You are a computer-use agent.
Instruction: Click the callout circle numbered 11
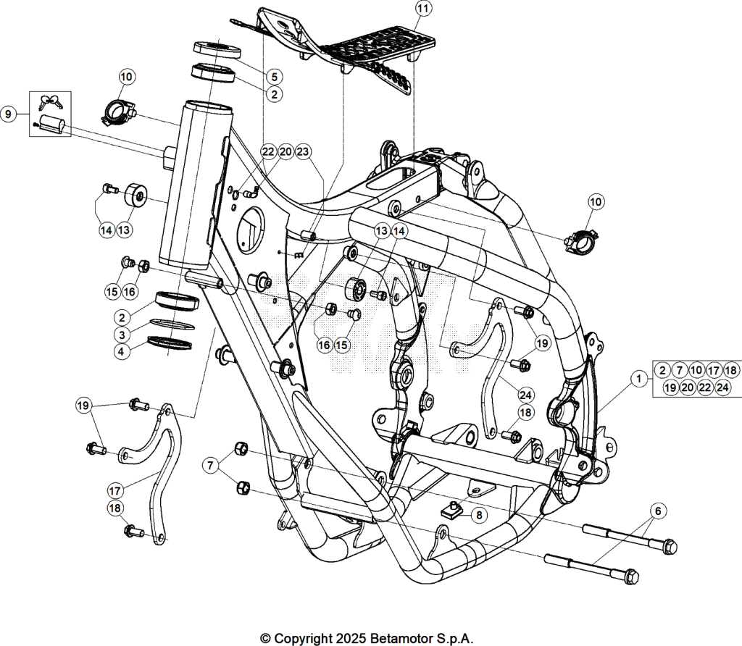click(x=423, y=9)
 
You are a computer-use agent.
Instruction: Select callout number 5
click(x=274, y=77)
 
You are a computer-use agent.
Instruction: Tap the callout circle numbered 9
click(x=8, y=114)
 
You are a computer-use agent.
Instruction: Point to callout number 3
click(x=122, y=335)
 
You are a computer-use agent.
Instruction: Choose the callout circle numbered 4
click(x=122, y=352)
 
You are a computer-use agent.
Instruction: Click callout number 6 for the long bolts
click(x=658, y=511)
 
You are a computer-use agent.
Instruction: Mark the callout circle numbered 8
click(x=479, y=514)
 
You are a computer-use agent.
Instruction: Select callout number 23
click(x=303, y=152)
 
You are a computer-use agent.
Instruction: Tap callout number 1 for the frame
click(x=639, y=378)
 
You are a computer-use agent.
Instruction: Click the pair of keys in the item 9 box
click(x=51, y=101)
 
